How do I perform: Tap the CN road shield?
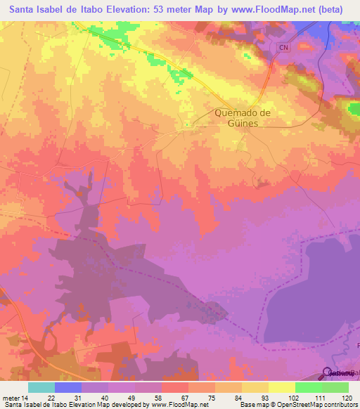283,47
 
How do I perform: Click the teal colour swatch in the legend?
41,387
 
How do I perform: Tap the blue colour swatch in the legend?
68,387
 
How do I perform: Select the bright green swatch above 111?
309,387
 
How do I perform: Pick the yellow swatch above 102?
281,387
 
